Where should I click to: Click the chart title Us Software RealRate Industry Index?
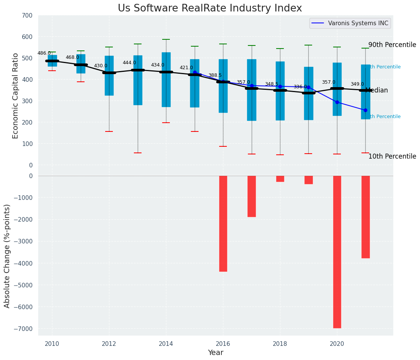(210, 8)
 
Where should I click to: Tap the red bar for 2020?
(337, 251)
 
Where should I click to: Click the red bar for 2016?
(223, 224)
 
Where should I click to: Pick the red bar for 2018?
(280, 179)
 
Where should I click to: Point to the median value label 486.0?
(44, 53)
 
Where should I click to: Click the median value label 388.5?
(215, 75)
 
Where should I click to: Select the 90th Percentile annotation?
(392, 45)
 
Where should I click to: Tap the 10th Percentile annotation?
(392, 156)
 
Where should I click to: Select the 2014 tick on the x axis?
(166, 344)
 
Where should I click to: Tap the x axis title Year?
(215, 353)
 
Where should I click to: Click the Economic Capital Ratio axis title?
(16, 96)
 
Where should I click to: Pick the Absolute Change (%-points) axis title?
(7, 256)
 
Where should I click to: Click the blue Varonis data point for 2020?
(337, 102)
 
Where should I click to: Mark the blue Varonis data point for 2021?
(365, 110)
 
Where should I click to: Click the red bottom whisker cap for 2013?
(138, 153)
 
